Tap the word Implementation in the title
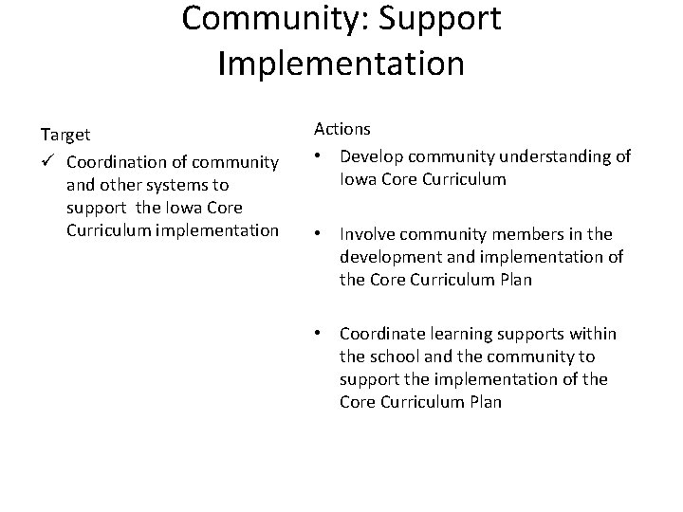click(x=341, y=64)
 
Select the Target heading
click(x=65, y=137)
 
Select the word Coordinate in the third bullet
click(x=382, y=334)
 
